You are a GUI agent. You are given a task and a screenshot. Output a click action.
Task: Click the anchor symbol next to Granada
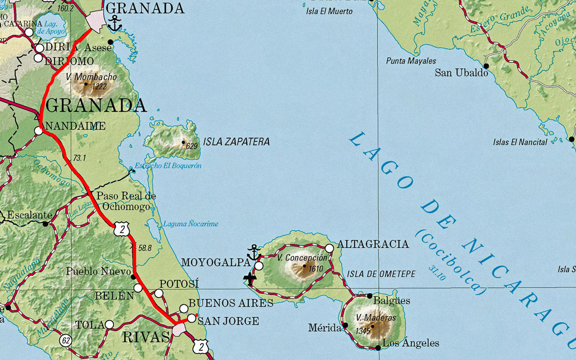click(x=114, y=23)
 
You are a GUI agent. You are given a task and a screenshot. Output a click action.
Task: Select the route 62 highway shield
click(x=65, y=340)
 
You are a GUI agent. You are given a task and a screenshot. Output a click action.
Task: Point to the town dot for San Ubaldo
click(x=486, y=66)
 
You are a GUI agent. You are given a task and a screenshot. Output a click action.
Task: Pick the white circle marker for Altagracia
click(x=329, y=248)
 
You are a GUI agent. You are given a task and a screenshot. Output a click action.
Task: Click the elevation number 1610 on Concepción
click(x=316, y=268)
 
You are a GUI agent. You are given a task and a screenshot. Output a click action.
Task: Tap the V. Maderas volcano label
click(x=376, y=318)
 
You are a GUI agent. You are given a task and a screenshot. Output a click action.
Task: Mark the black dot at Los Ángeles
click(x=377, y=348)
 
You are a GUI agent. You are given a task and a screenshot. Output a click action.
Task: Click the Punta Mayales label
click(x=411, y=61)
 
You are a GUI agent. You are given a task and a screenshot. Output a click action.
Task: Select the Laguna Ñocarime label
click(x=190, y=224)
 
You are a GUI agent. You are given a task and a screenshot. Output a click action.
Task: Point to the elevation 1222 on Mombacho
click(x=98, y=86)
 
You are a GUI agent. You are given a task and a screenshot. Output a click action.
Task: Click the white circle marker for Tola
click(x=109, y=324)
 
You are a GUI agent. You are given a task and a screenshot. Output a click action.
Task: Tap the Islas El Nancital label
click(x=520, y=142)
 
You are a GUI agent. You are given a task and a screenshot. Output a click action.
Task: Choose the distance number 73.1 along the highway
click(x=79, y=158)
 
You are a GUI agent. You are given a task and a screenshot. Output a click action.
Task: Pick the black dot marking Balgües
click(x=370, y=295)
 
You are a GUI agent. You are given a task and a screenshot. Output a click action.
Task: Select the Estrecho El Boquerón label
click(x=168, y=166)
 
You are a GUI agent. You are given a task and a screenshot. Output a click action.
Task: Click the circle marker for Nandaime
click(x=39, y=130)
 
